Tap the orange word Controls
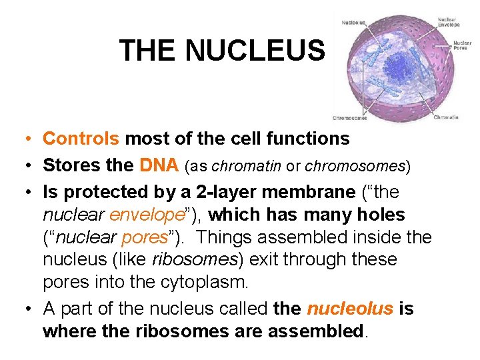point(81,139)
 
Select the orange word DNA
point(159,165)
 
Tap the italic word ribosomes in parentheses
point(189,259)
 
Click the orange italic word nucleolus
point(349,309)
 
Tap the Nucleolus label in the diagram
point(353,22)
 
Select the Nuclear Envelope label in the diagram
point(448,22)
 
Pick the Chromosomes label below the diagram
point(349,118)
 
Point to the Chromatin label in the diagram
point(446,117)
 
